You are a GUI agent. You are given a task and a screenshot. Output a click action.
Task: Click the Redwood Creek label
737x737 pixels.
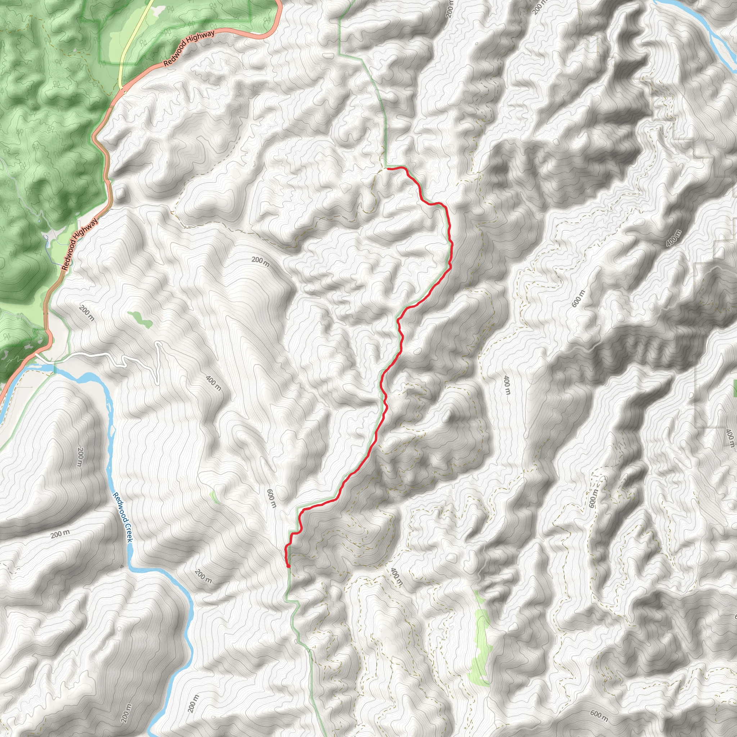[122, 517]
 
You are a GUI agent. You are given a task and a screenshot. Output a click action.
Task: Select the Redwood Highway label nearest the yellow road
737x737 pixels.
[189, 49]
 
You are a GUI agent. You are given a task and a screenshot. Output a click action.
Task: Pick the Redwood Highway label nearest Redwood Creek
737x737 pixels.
[80, 244]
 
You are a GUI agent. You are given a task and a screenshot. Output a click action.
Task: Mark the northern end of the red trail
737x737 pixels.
[387, 168]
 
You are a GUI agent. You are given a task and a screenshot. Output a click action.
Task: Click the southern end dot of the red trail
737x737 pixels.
[288, 566]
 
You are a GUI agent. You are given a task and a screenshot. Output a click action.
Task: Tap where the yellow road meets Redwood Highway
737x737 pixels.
[121, 90]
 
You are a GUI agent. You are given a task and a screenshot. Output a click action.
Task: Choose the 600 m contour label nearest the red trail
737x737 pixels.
[271, 498]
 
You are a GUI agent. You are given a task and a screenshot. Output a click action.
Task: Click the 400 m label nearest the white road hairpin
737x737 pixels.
[213, 383]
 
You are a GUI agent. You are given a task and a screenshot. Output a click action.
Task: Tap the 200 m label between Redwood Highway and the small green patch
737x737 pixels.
[87, 313]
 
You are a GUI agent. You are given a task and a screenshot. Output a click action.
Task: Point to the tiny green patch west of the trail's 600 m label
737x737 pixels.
[214, 497]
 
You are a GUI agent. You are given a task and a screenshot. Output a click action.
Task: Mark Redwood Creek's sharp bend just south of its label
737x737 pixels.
[132, 565]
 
